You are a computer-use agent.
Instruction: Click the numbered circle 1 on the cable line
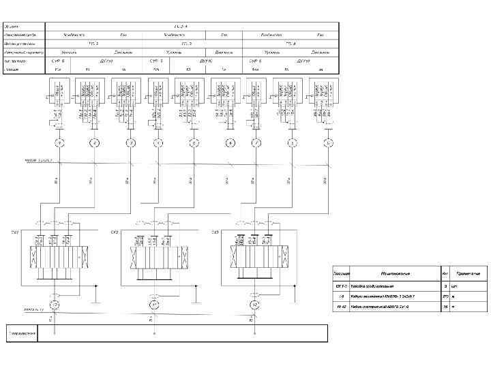(59, 143)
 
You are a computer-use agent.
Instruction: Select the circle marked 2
(94, 143)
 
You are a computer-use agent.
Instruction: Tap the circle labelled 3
(130, 143)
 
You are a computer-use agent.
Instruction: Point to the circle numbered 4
(158, 143)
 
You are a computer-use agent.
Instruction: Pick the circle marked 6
(230, 143)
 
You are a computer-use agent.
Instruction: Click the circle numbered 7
(256, 143)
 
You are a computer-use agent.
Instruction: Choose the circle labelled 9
(328, 143)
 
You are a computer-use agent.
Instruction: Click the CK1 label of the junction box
(14, 233)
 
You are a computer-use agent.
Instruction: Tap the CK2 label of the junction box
(115, 233)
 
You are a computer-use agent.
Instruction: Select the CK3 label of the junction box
(215, 233)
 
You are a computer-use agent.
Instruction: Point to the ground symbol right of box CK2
(198, 297)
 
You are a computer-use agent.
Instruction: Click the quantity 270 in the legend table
(445, 297)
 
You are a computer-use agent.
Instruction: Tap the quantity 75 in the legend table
(445, 308)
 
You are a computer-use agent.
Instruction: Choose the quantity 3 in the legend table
(445, 286)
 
